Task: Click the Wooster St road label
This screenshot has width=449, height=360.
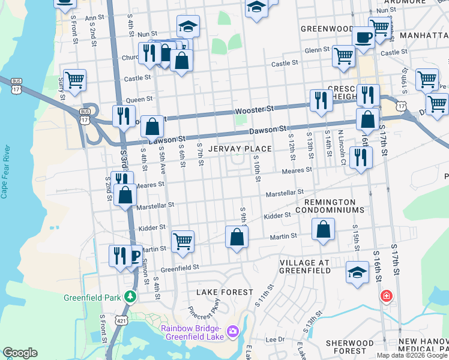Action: pos(254,110)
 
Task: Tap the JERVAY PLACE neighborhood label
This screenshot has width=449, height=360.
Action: pos(240,148)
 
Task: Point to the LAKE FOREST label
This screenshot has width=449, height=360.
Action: pos(225,292)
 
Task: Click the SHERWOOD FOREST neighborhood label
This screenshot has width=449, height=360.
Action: pos(354,346)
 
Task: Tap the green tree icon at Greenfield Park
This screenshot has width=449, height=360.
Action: pos(130,296)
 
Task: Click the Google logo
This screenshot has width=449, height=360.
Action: pos(20,353)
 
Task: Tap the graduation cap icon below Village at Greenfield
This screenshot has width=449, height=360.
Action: pos(357,271)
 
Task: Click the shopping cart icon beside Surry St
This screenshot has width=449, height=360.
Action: pos(74,80)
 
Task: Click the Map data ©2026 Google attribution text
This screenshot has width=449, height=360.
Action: pos(412,355)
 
